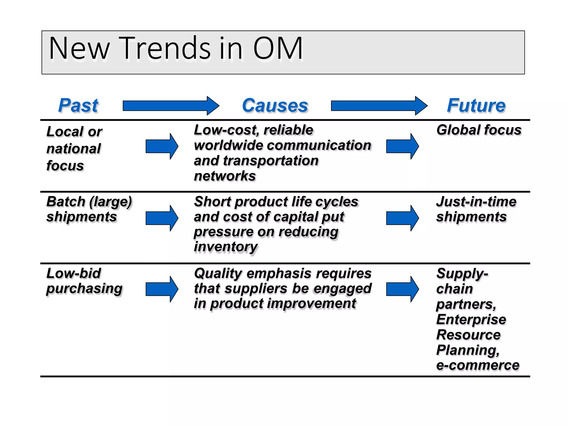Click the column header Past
78,106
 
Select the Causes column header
275,106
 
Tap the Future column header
476,106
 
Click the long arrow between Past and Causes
171,106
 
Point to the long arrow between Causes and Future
379,106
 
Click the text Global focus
479,130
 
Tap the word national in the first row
73,149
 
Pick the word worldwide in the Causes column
233,145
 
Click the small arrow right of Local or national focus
162,146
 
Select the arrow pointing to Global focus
402,146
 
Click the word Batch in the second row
66,202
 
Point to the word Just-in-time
476,202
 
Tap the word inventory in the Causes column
226,247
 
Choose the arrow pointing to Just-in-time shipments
402,218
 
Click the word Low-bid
73,273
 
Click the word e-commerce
478,365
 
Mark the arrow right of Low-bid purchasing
162,289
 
